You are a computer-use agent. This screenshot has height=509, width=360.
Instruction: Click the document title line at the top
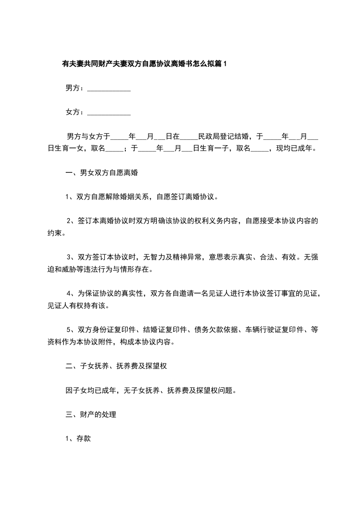tap(144, 64)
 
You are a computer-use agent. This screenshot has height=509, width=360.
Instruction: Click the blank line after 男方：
tap(108, 89)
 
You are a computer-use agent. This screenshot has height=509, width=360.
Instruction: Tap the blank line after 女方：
tap(108, 113)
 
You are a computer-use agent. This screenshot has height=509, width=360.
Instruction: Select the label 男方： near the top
tap(74, 88)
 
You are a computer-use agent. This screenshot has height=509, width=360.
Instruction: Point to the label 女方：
tap(74, 112)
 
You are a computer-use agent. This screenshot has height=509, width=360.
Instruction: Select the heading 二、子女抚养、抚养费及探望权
tap(117, 365)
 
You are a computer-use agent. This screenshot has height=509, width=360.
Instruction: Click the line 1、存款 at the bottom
tap(79, 439)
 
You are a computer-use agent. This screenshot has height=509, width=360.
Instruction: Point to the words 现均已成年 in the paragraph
tap(296, 148)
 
